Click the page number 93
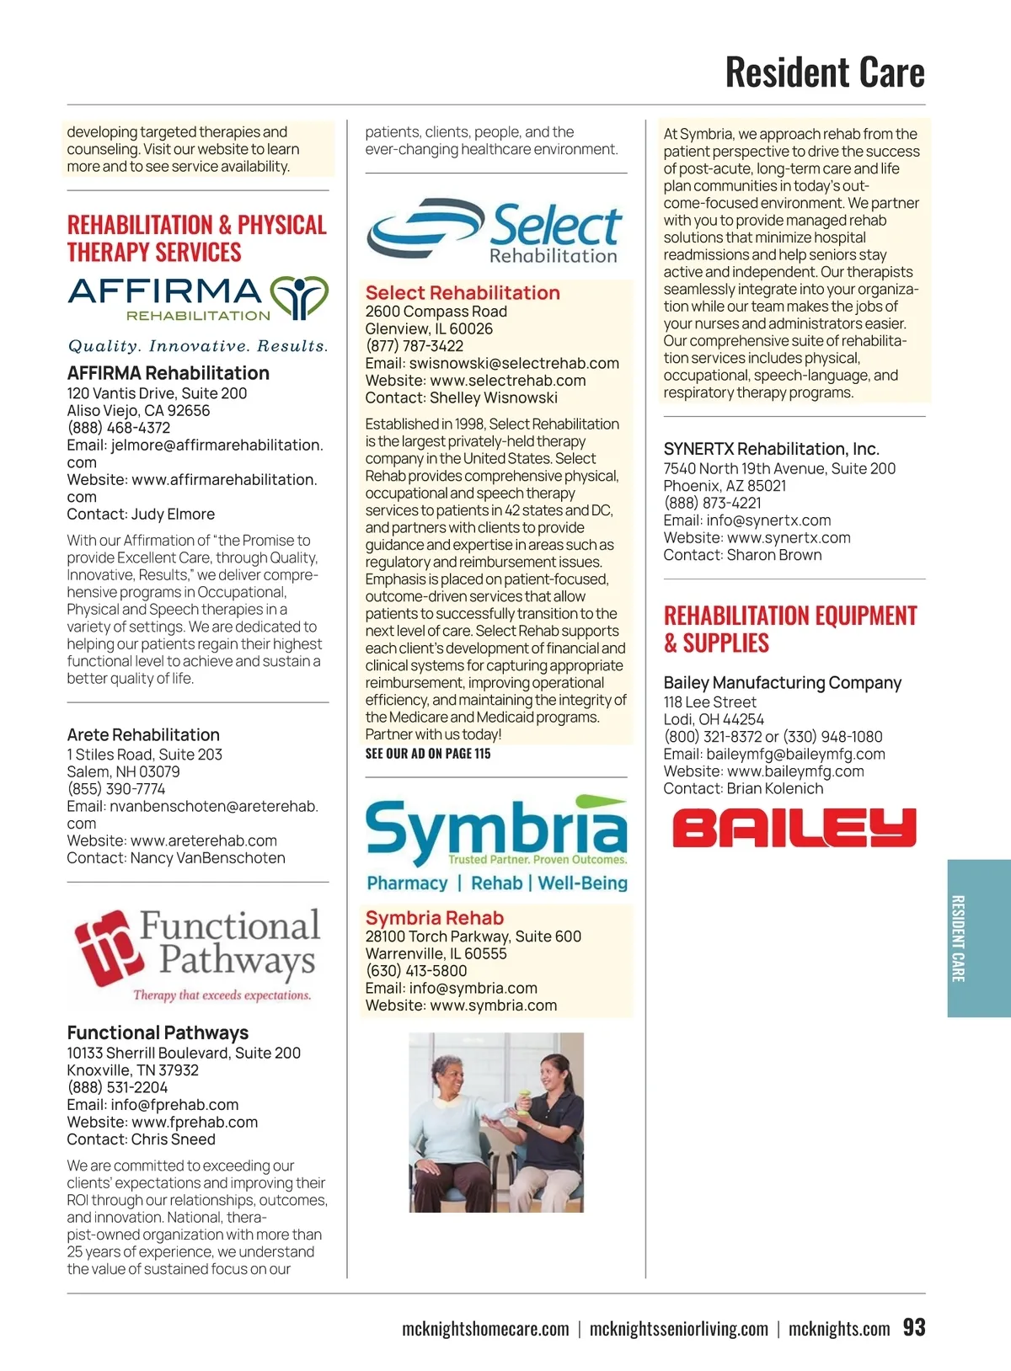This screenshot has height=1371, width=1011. click(x=913, y=1327)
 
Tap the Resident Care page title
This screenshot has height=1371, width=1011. click(x=824, y=72)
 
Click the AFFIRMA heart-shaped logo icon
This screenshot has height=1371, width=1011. click(x=298, y=297)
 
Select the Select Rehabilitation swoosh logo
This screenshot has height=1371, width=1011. click(x=425, y=228)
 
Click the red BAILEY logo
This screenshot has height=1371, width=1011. click(x=794, y=828)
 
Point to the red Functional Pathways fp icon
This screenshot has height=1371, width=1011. click(x=104, y=947)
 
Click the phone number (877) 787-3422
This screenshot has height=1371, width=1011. click(x=414, y=346)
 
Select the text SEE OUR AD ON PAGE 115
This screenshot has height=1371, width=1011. click(x=427, y=754)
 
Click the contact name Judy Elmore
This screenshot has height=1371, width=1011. click(x=173, y=514)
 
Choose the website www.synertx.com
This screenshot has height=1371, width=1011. click(x=789, y=537)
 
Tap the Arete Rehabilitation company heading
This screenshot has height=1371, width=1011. click(x=143, y=734)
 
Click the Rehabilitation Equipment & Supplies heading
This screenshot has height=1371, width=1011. click(x=789, y=629)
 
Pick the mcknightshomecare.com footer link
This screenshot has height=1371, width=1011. click(x=485, y=1329)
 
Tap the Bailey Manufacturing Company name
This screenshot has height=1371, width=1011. click(x=782, y=682)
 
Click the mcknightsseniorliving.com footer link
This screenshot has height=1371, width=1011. click(x=678, y=1329)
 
